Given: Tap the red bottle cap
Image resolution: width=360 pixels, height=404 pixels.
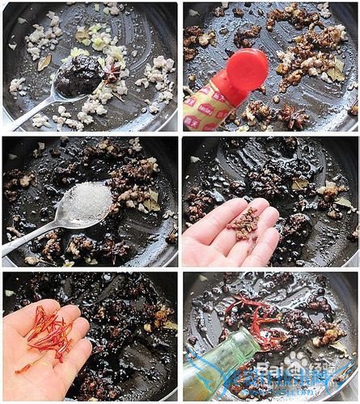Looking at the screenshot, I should [x=247, y=69].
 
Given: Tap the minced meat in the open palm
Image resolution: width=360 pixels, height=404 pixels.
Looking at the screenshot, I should [x=243, y=224].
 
